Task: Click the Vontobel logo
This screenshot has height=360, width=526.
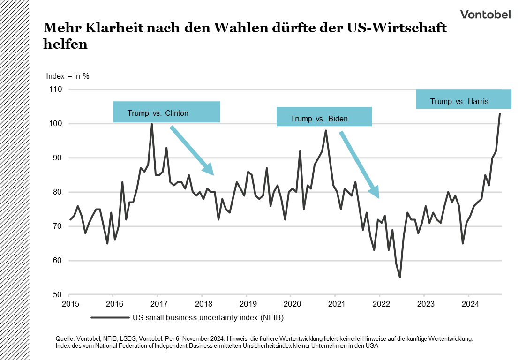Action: point(485,15)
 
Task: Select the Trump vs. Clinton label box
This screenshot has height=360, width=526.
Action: point(166,112)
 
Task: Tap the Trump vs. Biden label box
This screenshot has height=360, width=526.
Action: point(324,117)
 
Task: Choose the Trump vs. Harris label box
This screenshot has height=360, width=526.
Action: point(464,99)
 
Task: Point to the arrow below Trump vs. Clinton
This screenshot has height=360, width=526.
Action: point(191,150)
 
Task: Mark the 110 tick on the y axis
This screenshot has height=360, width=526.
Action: point(55,89)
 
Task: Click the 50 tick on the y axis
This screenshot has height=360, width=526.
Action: point(57,295)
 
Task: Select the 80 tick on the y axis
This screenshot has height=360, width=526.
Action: point(57,192)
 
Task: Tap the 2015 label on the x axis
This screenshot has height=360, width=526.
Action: point(69,303)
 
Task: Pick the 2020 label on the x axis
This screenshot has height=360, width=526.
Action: point(290,303)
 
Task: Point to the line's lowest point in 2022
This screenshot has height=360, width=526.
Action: point(400,277)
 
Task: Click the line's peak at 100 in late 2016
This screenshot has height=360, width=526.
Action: point(152,124)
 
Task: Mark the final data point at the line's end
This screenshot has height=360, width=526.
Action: point(500,113)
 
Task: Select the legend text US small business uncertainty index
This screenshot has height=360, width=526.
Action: point(208,317)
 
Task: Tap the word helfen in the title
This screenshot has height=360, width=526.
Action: point(65,45)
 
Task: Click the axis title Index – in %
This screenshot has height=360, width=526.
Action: point(68,76)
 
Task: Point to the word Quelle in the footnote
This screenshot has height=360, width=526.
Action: point(64,338)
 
